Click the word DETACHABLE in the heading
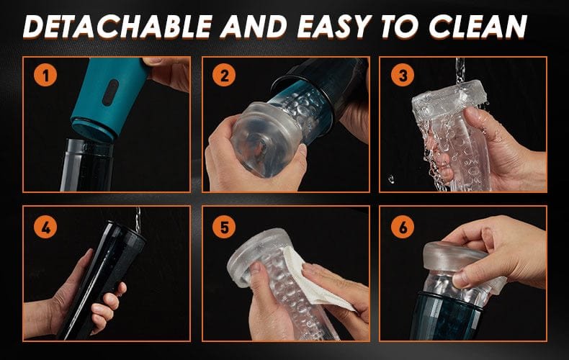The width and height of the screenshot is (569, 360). click(x=117, y=27)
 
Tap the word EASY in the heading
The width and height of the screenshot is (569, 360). click(x=334, y=27)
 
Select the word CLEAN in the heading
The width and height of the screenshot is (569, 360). click(x=478, y=27)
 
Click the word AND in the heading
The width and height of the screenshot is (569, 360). click(x=254, y=27)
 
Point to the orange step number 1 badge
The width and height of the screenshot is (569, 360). click(x=45, y=76)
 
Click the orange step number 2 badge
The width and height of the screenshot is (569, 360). click(x=224, y=76)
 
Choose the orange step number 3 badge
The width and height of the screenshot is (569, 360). click(x=403, y=76)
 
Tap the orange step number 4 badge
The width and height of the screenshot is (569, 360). click(x=45, y=228)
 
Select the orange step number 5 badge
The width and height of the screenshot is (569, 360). click(x=224, y=228)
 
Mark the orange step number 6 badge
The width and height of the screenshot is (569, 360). click(x=403, y=228)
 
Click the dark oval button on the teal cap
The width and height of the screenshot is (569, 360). click(x=110, y=93)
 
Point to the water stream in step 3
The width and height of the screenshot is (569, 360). click(x=460, y=70)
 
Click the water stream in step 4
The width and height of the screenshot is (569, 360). click(x=138, y=220)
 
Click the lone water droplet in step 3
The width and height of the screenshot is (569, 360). click(x=390, y=179)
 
